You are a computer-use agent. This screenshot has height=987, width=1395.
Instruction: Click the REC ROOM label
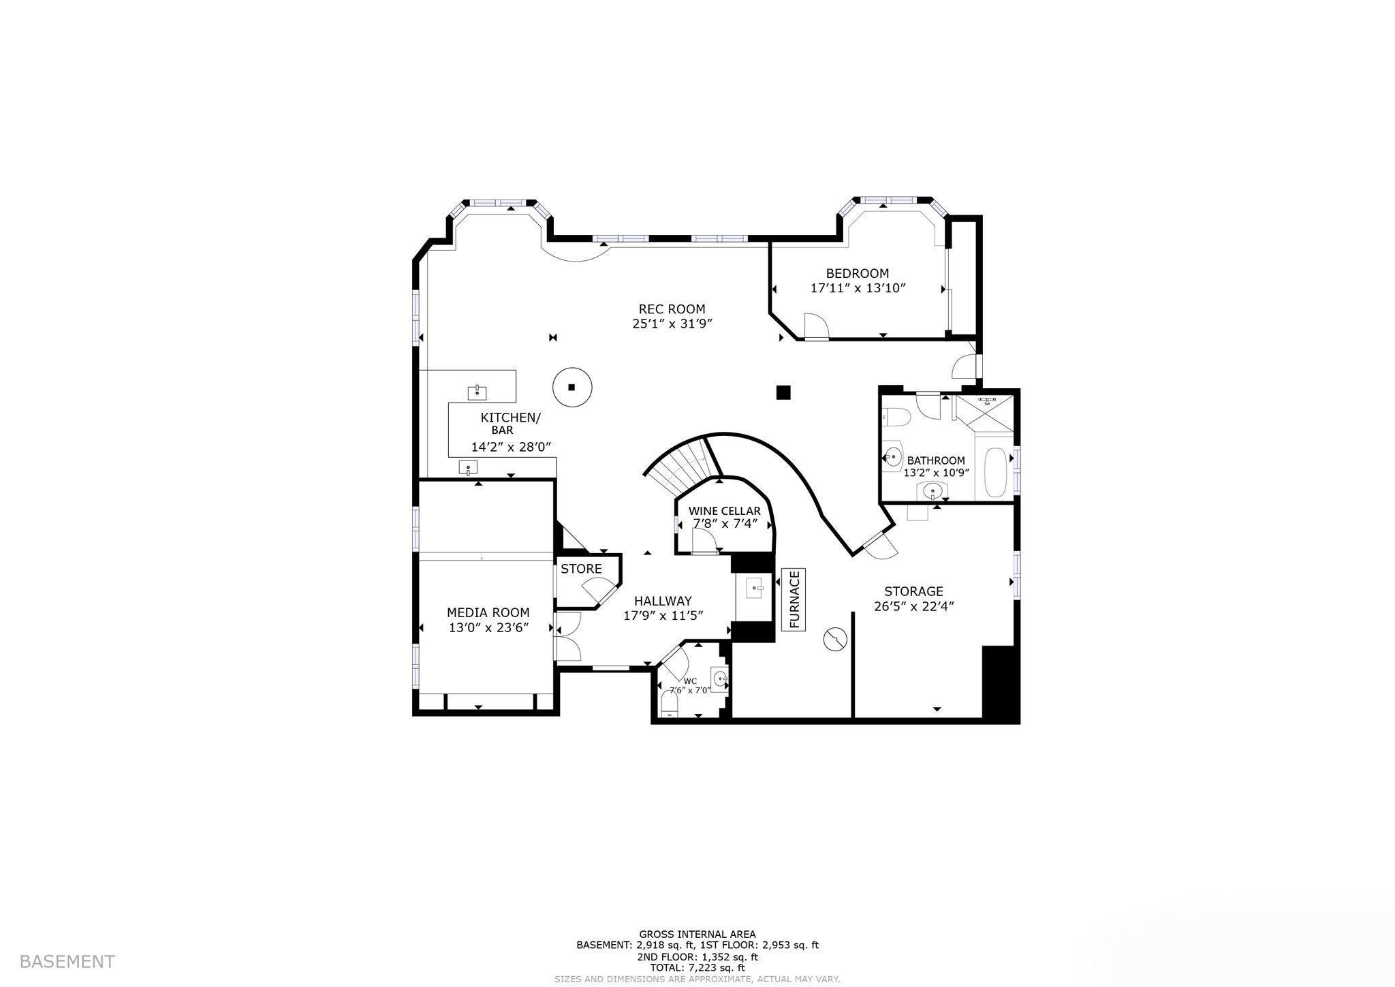coord(672,309)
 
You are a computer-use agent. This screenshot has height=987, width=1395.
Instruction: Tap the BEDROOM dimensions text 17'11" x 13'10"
coord(858,288)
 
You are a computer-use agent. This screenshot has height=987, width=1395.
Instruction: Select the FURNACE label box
coord(794,599)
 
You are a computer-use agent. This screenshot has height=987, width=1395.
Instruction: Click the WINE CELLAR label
coord(724,511)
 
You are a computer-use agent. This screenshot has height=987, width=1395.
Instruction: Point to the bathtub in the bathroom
coord(995,473)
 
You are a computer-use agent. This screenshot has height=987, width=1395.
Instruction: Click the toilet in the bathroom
coord(894,416)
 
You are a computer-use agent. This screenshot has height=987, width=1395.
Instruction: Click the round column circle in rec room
coord(571,388)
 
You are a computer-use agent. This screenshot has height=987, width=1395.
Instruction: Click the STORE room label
coord(581,569)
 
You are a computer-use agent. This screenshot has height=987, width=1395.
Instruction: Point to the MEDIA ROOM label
coord(488,613)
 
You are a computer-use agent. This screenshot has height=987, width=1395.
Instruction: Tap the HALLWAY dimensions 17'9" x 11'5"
coord(663,616)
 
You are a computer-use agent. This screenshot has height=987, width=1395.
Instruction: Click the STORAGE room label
coord(913,591)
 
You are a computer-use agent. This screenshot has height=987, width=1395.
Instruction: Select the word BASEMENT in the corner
coord(67,962)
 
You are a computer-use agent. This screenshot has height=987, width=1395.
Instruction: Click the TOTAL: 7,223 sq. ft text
coord(697,967)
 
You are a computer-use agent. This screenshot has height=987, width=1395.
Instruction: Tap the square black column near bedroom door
coord(783,392)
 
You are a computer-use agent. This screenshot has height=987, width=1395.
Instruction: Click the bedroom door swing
coord(815,326)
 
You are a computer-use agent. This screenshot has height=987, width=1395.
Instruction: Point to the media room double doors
coord(567,636)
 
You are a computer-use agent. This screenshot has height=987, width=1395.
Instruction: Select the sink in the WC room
coord(721,678)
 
